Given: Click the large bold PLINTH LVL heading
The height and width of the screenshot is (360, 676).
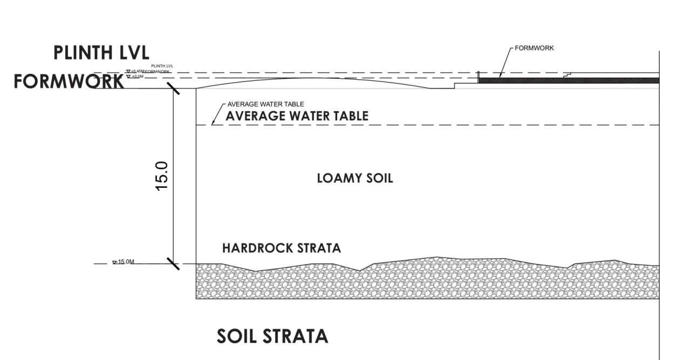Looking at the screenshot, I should (x=101, y=53).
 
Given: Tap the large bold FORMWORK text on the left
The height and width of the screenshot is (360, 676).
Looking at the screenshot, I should (x=69, y=81).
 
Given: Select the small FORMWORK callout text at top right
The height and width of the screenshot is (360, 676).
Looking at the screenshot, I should (x=534, y=48).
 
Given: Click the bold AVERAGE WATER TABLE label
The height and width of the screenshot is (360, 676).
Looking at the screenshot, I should (x=297, y=116).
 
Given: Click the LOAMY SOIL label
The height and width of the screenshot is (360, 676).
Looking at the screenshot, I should (x=354, y=178).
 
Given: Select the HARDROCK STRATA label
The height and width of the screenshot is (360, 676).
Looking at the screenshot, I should (x=282, y=248).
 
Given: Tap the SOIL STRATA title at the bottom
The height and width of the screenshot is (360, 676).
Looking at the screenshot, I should (x=272, y=336).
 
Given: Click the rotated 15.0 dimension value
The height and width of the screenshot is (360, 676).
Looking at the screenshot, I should (x=162, y=175).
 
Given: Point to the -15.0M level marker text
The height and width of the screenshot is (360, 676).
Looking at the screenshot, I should (x=126, y=262).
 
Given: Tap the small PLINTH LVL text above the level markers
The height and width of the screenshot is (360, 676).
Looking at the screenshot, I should (x=162, y=66).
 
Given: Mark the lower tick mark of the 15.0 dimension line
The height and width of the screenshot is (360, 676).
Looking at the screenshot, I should (x=173, y=263).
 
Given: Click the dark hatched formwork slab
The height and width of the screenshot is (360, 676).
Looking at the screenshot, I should (x=569, y=80).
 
